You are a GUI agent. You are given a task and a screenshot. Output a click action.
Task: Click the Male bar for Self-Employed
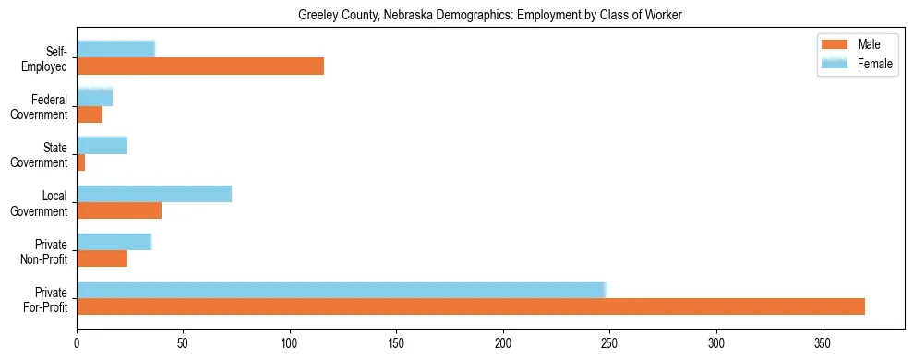tap(200, 66)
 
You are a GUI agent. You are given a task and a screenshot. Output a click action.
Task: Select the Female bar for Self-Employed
tap(115, 49)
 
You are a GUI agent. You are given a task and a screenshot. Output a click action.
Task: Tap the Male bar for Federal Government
tap(90, 114)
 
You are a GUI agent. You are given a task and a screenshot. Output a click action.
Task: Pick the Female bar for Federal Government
tap(94, 97)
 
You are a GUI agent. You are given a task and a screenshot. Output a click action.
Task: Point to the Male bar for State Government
tap(81, 162)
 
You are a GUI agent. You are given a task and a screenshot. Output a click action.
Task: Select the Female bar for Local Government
tap(154, 193)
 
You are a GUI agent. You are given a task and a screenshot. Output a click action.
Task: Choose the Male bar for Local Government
tap(119, 210)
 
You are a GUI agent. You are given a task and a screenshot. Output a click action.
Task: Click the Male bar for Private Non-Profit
tap(102, 258)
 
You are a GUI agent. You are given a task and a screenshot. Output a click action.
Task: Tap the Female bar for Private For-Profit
tap(341, 289)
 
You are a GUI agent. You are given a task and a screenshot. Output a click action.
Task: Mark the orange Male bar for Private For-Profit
tap(471, 306)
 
